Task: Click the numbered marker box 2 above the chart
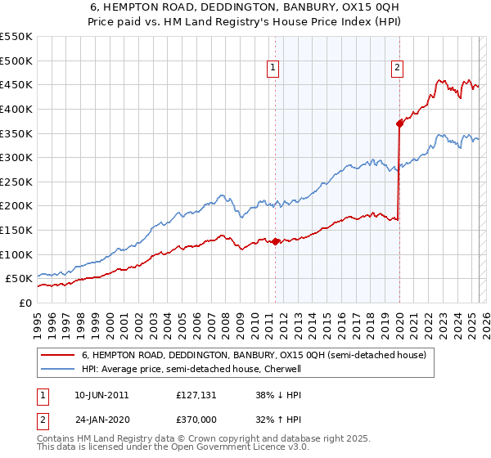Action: click(397, 69)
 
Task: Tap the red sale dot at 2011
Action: click(275, 241)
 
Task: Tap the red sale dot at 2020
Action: click(399, 123)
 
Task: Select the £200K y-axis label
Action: click(16, 206)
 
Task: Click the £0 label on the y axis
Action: click(25, 303)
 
